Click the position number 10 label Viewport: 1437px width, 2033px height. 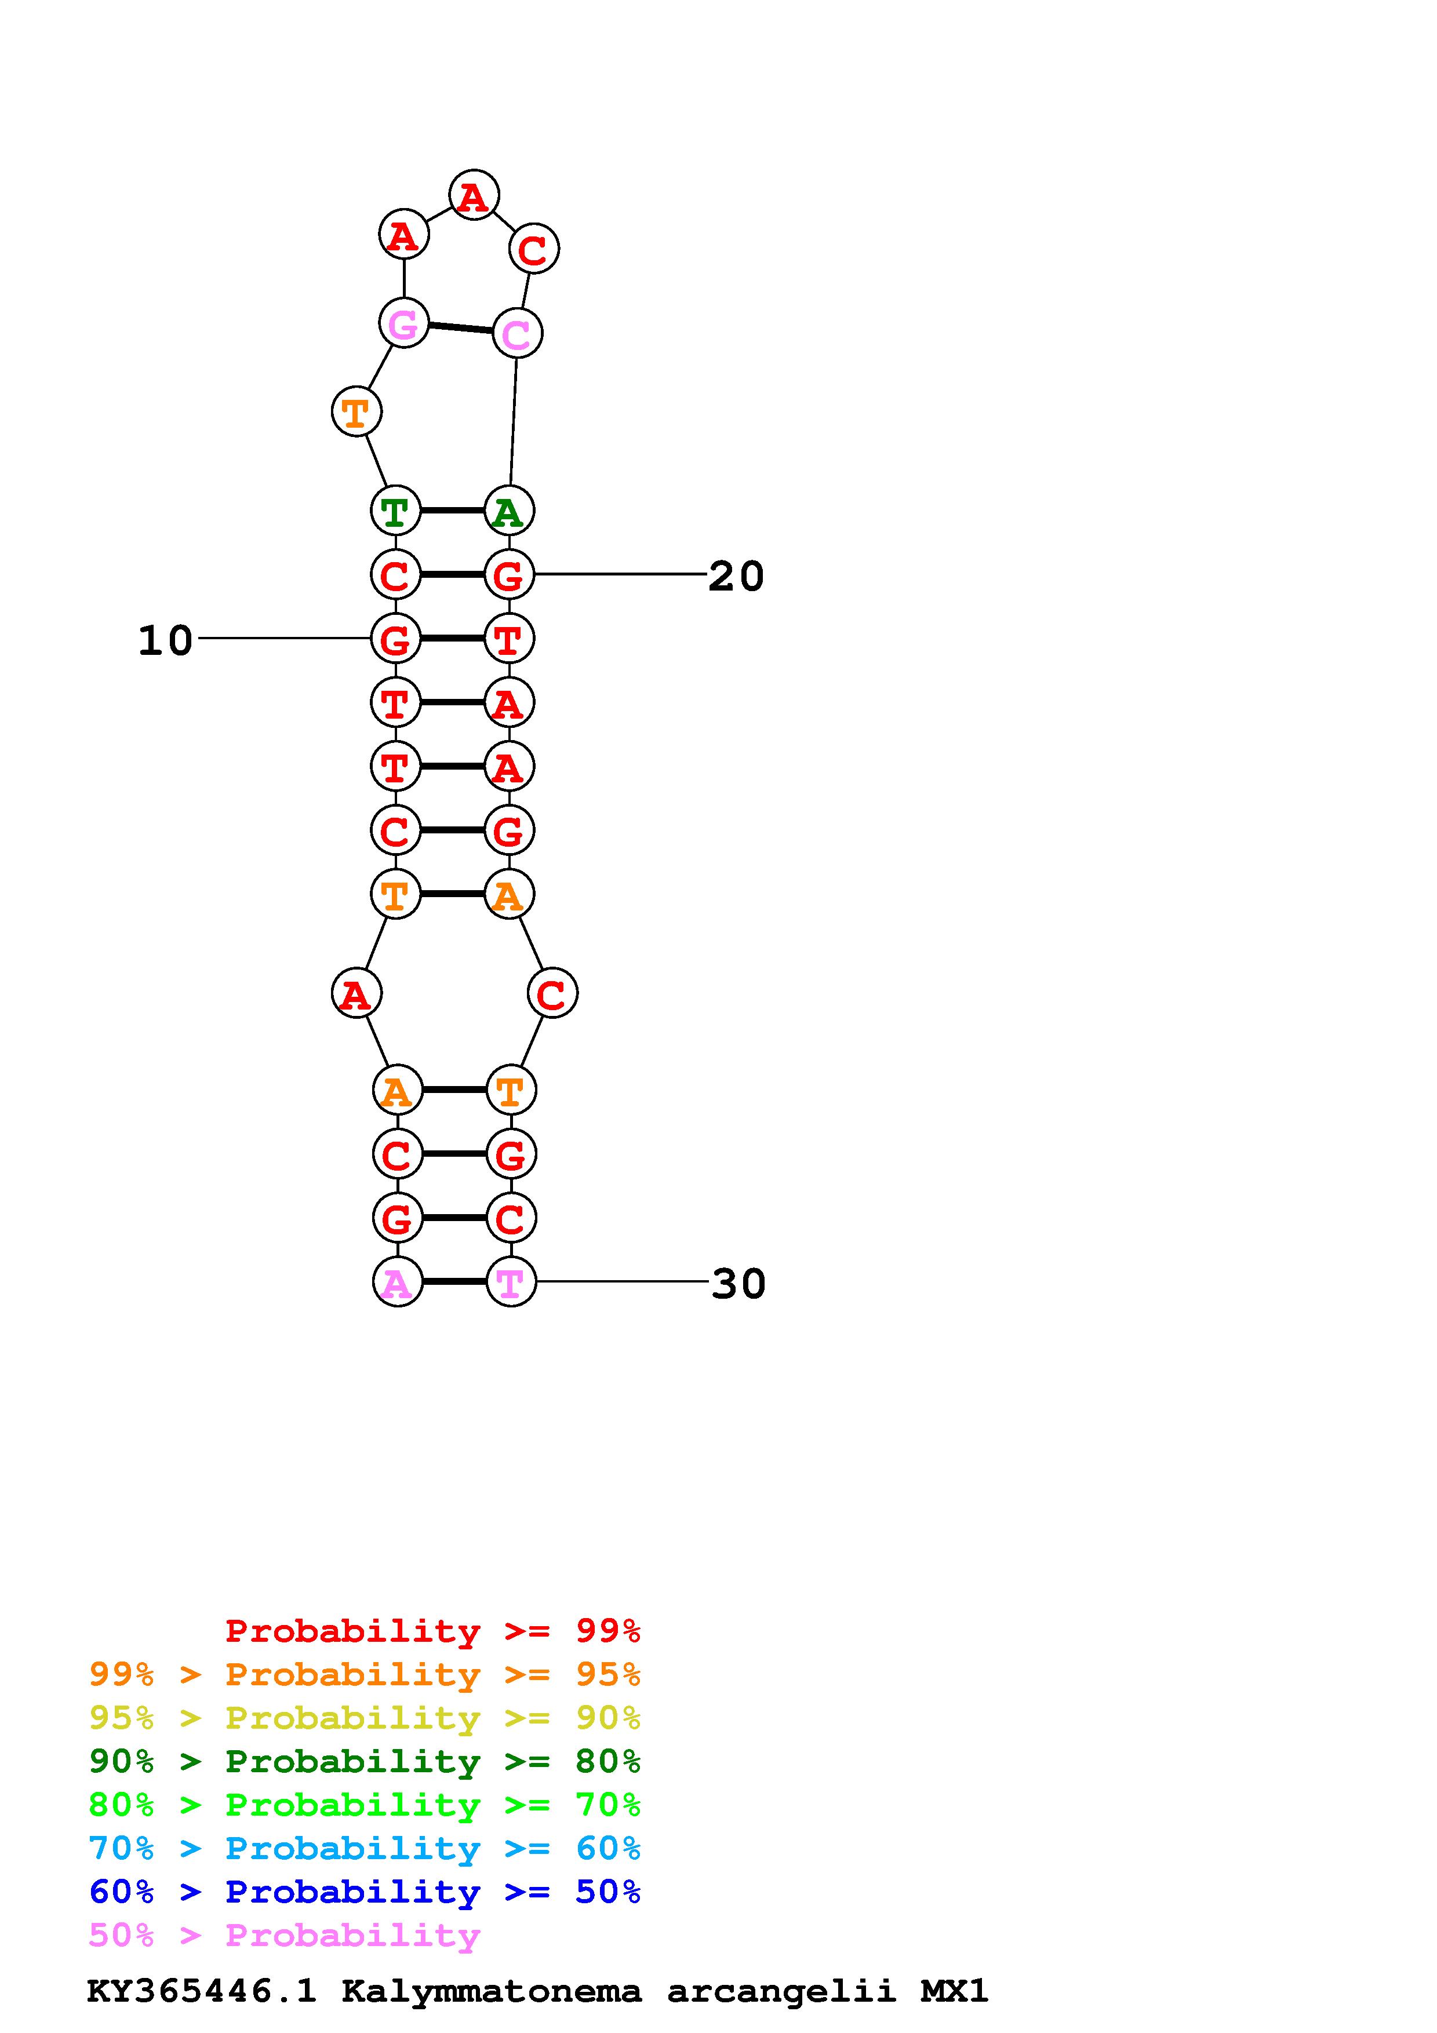(166, 640)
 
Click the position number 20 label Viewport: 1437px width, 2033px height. (736, 577)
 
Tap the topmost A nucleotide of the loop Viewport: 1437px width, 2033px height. (474, 196)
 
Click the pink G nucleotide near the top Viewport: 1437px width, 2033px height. (404, 323)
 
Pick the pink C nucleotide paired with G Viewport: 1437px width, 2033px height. (516, 334)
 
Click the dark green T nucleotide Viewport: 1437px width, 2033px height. (395, 511)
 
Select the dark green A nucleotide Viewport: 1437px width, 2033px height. (508, 512)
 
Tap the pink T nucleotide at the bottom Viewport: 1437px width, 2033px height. (511, 1282)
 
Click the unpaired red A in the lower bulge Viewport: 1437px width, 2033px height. (356, 993)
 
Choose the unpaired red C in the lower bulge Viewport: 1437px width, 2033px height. (552, 993)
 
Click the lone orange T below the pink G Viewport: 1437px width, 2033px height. (356, 411)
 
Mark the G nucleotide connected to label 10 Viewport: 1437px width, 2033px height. (395, 639)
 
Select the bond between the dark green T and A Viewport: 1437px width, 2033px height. (452, 511)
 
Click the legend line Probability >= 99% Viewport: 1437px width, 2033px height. (432, 1630)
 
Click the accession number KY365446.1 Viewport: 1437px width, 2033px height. (201, 1991)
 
